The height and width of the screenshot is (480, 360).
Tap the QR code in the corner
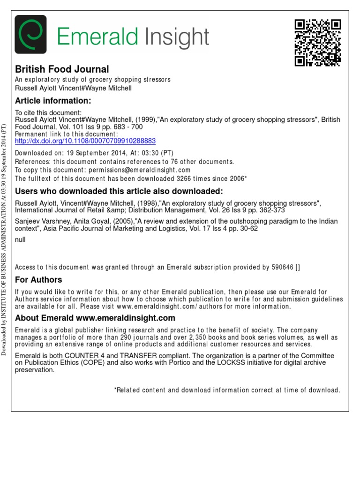coord(317,43)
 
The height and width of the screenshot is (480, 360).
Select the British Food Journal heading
coord(62,69)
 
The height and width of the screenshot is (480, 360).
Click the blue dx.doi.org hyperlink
coord(85,141)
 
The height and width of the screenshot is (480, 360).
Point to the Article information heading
coord(52,101)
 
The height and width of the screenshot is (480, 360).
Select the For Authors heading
coord(38,280)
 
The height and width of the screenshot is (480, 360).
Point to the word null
coord(21,240)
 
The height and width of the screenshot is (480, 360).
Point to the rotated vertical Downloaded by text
coord(5,239)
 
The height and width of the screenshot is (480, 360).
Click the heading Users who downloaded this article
coord(119,191)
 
